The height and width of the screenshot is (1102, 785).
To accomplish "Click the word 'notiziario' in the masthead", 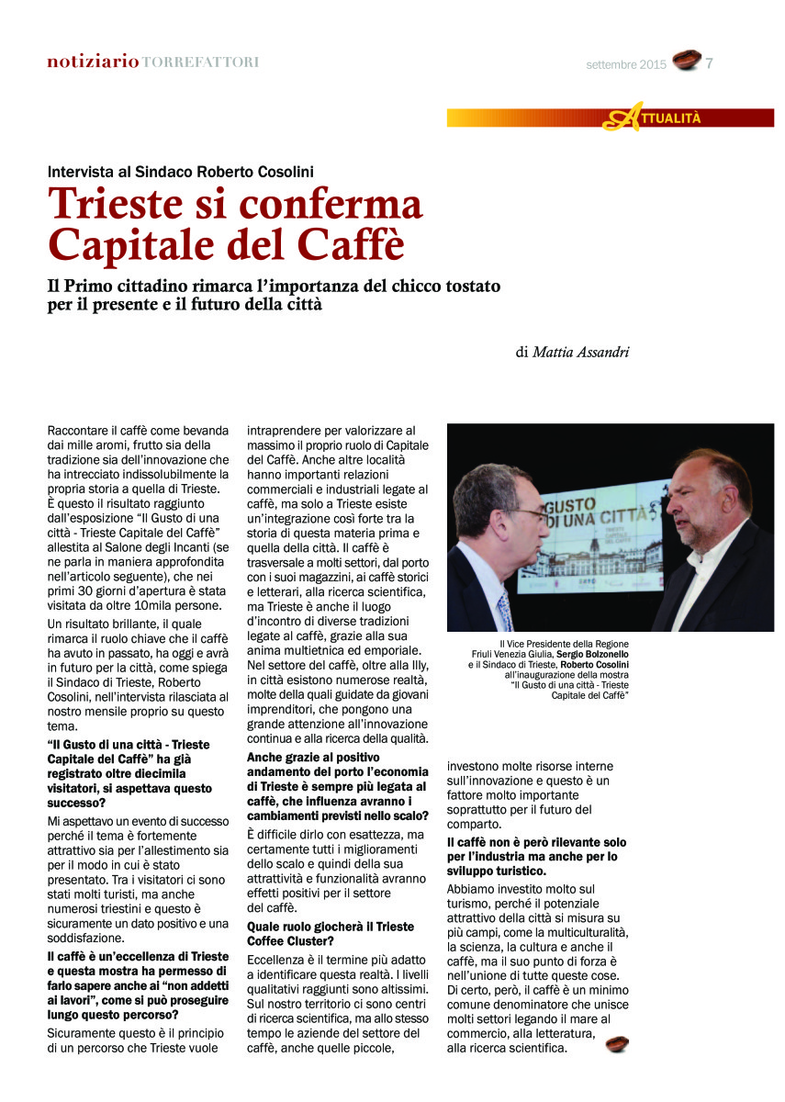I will coord(93,62).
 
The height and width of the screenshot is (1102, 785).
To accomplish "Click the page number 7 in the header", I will coord(710,62).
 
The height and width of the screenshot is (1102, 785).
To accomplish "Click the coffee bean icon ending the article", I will coord(617,1044).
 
